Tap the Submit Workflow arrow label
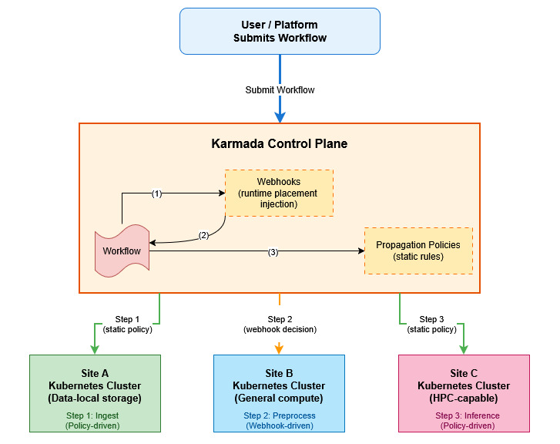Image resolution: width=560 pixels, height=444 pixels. tap(280, 90)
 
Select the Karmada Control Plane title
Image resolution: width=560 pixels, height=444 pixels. tap(279, 144)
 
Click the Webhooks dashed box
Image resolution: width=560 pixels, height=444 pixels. tap(278, 193)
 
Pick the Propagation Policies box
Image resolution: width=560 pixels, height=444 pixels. tap(418, 251)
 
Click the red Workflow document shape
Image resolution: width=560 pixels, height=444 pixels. tap(122, 251)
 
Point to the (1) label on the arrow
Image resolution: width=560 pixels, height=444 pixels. tap(156, 194)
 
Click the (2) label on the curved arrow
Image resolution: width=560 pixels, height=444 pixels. tap(204, 235)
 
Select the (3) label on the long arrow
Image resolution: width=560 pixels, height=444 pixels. tap(273, 252)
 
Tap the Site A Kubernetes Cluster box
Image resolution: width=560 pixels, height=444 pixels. tap(95, 393)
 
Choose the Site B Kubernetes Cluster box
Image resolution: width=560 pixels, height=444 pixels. tap(279, 393)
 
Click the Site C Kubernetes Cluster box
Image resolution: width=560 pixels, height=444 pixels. tap(464, 393)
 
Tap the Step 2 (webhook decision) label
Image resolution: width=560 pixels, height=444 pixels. tap(280, 325)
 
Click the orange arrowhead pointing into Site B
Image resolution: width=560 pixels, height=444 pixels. tap(279, 349)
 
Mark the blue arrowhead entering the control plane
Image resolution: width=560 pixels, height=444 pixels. tap(280, 117)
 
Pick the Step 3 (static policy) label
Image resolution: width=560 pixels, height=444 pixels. tap(431, 325)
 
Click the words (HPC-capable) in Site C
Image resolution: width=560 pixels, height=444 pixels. tap(463, 399)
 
